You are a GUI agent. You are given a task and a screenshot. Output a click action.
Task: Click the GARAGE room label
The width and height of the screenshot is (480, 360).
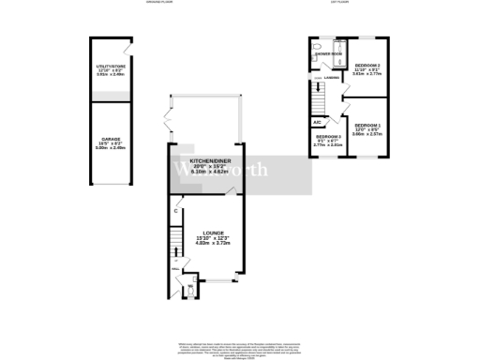coord(112,138)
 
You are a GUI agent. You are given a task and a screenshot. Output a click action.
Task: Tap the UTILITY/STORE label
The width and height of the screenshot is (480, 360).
coord(112,67)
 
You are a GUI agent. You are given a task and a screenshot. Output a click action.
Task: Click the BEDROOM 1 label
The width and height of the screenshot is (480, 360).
coord(367,125)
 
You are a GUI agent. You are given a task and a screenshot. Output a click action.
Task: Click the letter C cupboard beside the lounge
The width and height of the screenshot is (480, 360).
coord(176,210)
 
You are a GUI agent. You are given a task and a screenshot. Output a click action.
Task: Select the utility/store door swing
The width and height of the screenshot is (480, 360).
coord(126,49)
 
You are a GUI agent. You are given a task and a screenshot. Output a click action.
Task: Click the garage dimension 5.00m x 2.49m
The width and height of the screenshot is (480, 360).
coord(112,149)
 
